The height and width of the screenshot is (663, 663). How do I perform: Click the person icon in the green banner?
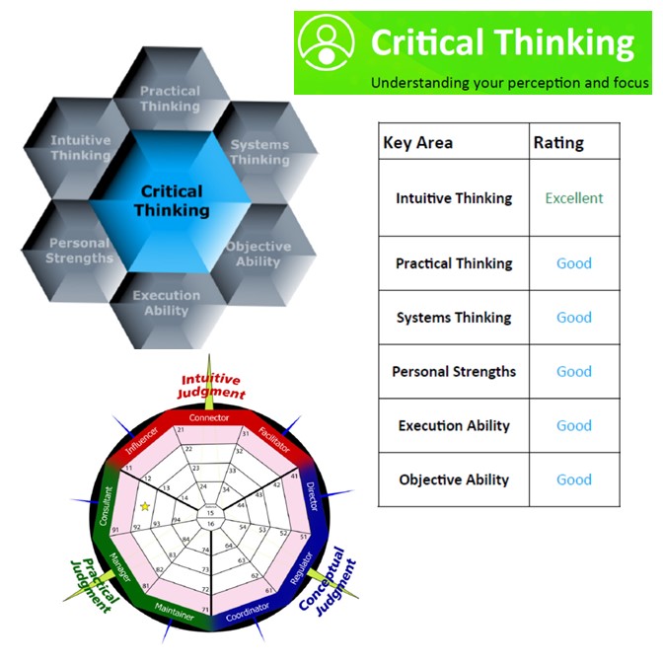[x=328, y=44]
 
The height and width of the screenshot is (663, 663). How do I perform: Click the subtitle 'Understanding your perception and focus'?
[x=509, y=83]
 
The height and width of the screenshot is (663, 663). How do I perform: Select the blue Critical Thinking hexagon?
[x=172, y=200]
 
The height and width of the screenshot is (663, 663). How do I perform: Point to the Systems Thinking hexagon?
[x=259, y=152]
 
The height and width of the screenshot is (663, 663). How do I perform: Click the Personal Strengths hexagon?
[x=79, y=251]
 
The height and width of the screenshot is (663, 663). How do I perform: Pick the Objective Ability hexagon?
[x=258, y=254]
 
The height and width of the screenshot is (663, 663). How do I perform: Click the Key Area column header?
[x=418, y=143]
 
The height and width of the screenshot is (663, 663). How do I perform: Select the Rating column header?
[x=558, y=143]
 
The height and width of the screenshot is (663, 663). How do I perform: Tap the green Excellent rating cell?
[x=573, y=198]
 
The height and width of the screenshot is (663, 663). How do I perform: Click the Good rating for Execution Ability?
[x=573, y=426]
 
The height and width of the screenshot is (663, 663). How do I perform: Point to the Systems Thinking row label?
[x=454, y=318]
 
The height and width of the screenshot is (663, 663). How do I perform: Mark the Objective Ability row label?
[x=454, y=480]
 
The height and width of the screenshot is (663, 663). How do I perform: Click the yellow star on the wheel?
[x=145, y=506]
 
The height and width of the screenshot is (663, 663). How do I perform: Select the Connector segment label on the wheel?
[x=209, y=417]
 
